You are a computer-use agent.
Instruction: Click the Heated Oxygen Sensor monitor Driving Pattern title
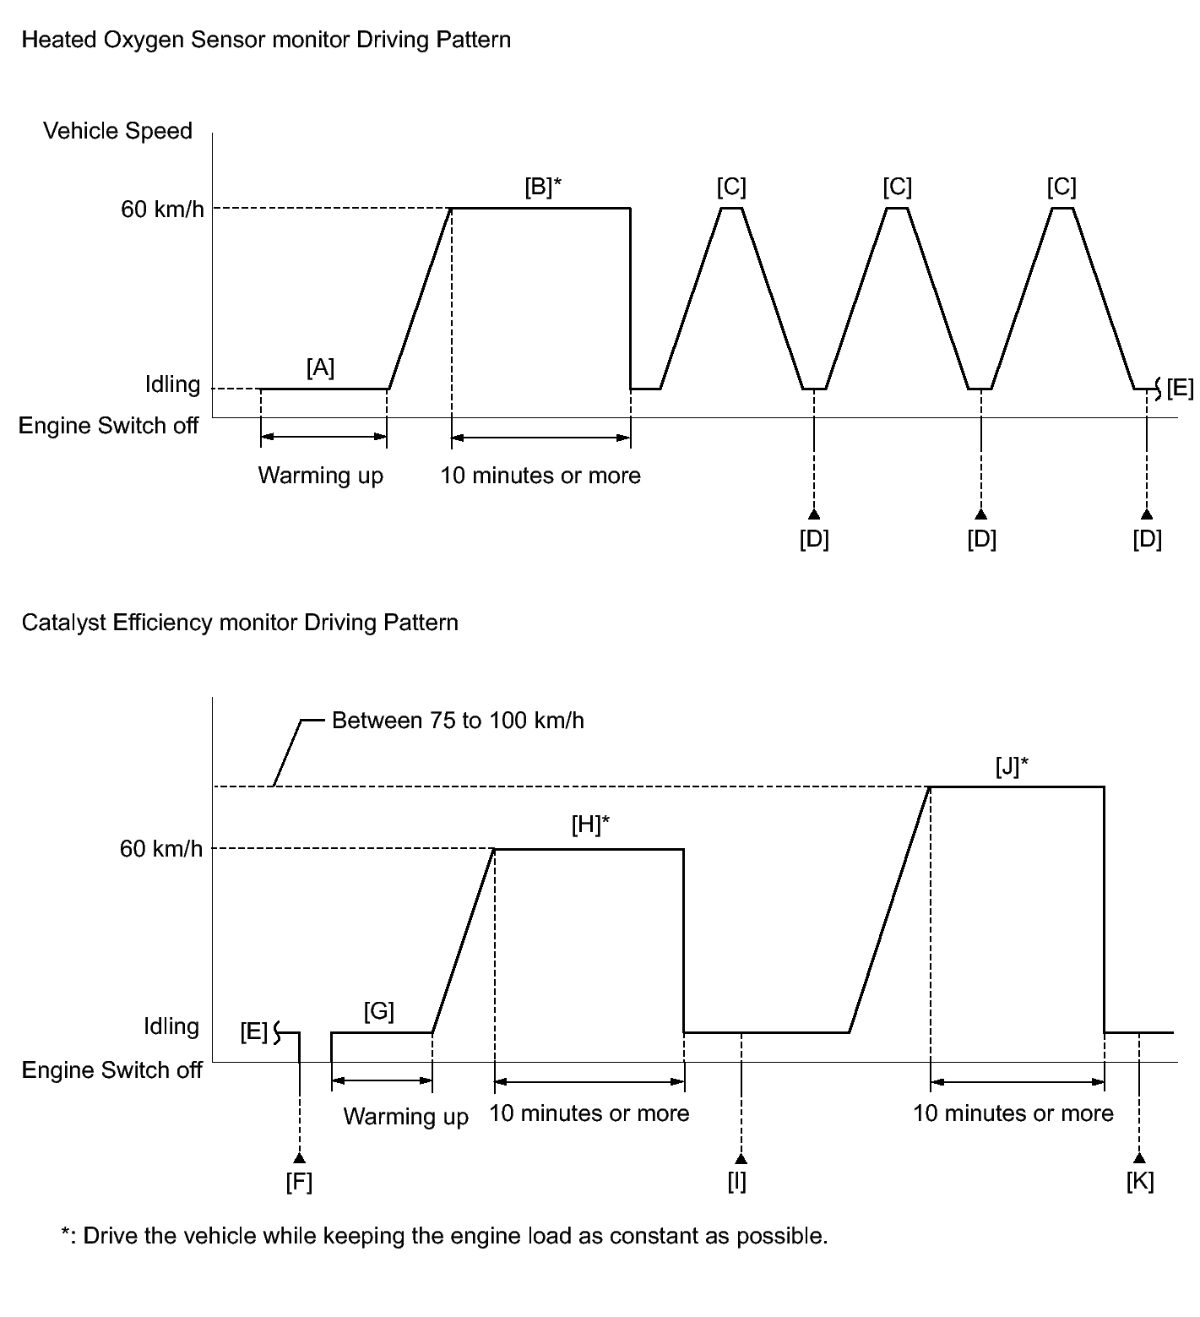pyautogui.click(x=266, y=40)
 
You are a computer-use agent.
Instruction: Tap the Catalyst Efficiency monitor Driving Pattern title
pyautogui.click(x=240, y=623)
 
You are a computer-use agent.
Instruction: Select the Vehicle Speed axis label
pyautogui.click(x=117, y=131)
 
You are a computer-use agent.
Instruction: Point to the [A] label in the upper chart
pyautogui.click(x=321, y=367)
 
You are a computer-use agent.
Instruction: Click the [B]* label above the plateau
pyautogui.click(x=543, y=186)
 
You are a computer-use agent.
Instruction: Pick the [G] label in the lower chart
pyautogui.click(x=379, y=1011)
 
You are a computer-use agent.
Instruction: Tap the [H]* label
pyautogui.click(x=590, y=825)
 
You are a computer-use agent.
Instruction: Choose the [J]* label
pyautogui.click(x=1012, y=766)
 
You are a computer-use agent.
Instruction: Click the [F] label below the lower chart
pyautogui.click(x=299, y=1182)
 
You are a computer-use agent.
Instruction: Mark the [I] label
pyautogui.click(x=737, y=1182)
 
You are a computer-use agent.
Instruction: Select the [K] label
pyautogui.click(x=1140, y=1181)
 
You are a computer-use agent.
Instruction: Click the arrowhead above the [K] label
pyautogui.click(x=1140, y=1158)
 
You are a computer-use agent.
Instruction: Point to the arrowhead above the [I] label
pyautogui.click(x=741, y=1158)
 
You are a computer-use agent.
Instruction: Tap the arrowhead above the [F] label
pyautogui.click(x=300, y=1158)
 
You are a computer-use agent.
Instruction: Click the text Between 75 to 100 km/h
pyautogui.click(x=458, y=721)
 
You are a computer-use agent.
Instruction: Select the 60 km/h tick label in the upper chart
pyautogui.click(x=162, y=209)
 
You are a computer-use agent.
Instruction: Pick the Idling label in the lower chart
pyautogui.click(x=171, y=1026)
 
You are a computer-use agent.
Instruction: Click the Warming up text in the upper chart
pyautogui.click(x=321, y=476)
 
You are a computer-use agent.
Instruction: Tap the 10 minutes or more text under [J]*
pyautogui.click(x=1013, y=1113)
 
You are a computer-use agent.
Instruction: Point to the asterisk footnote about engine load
pyautogui.click(x=444, y=1236)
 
